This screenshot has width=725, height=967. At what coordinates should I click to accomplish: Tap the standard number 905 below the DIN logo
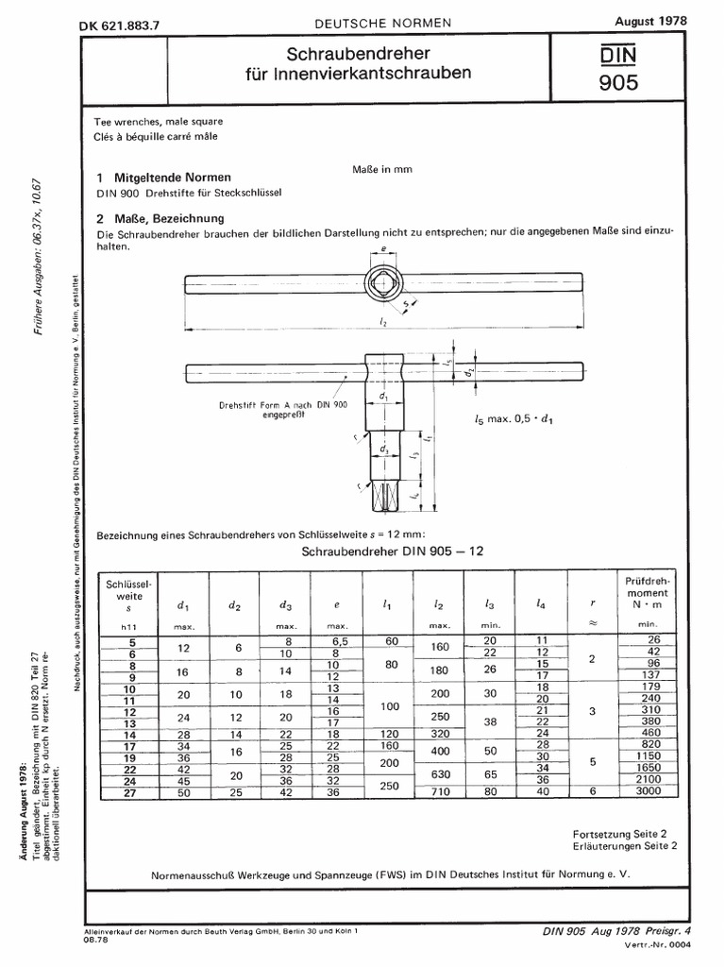click(617, 84)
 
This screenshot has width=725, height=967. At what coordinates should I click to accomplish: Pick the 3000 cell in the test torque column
click(646, 793)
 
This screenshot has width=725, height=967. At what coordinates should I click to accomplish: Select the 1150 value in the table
click(646, 756)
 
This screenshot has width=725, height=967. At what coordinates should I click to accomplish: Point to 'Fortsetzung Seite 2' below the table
click(619, 835)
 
